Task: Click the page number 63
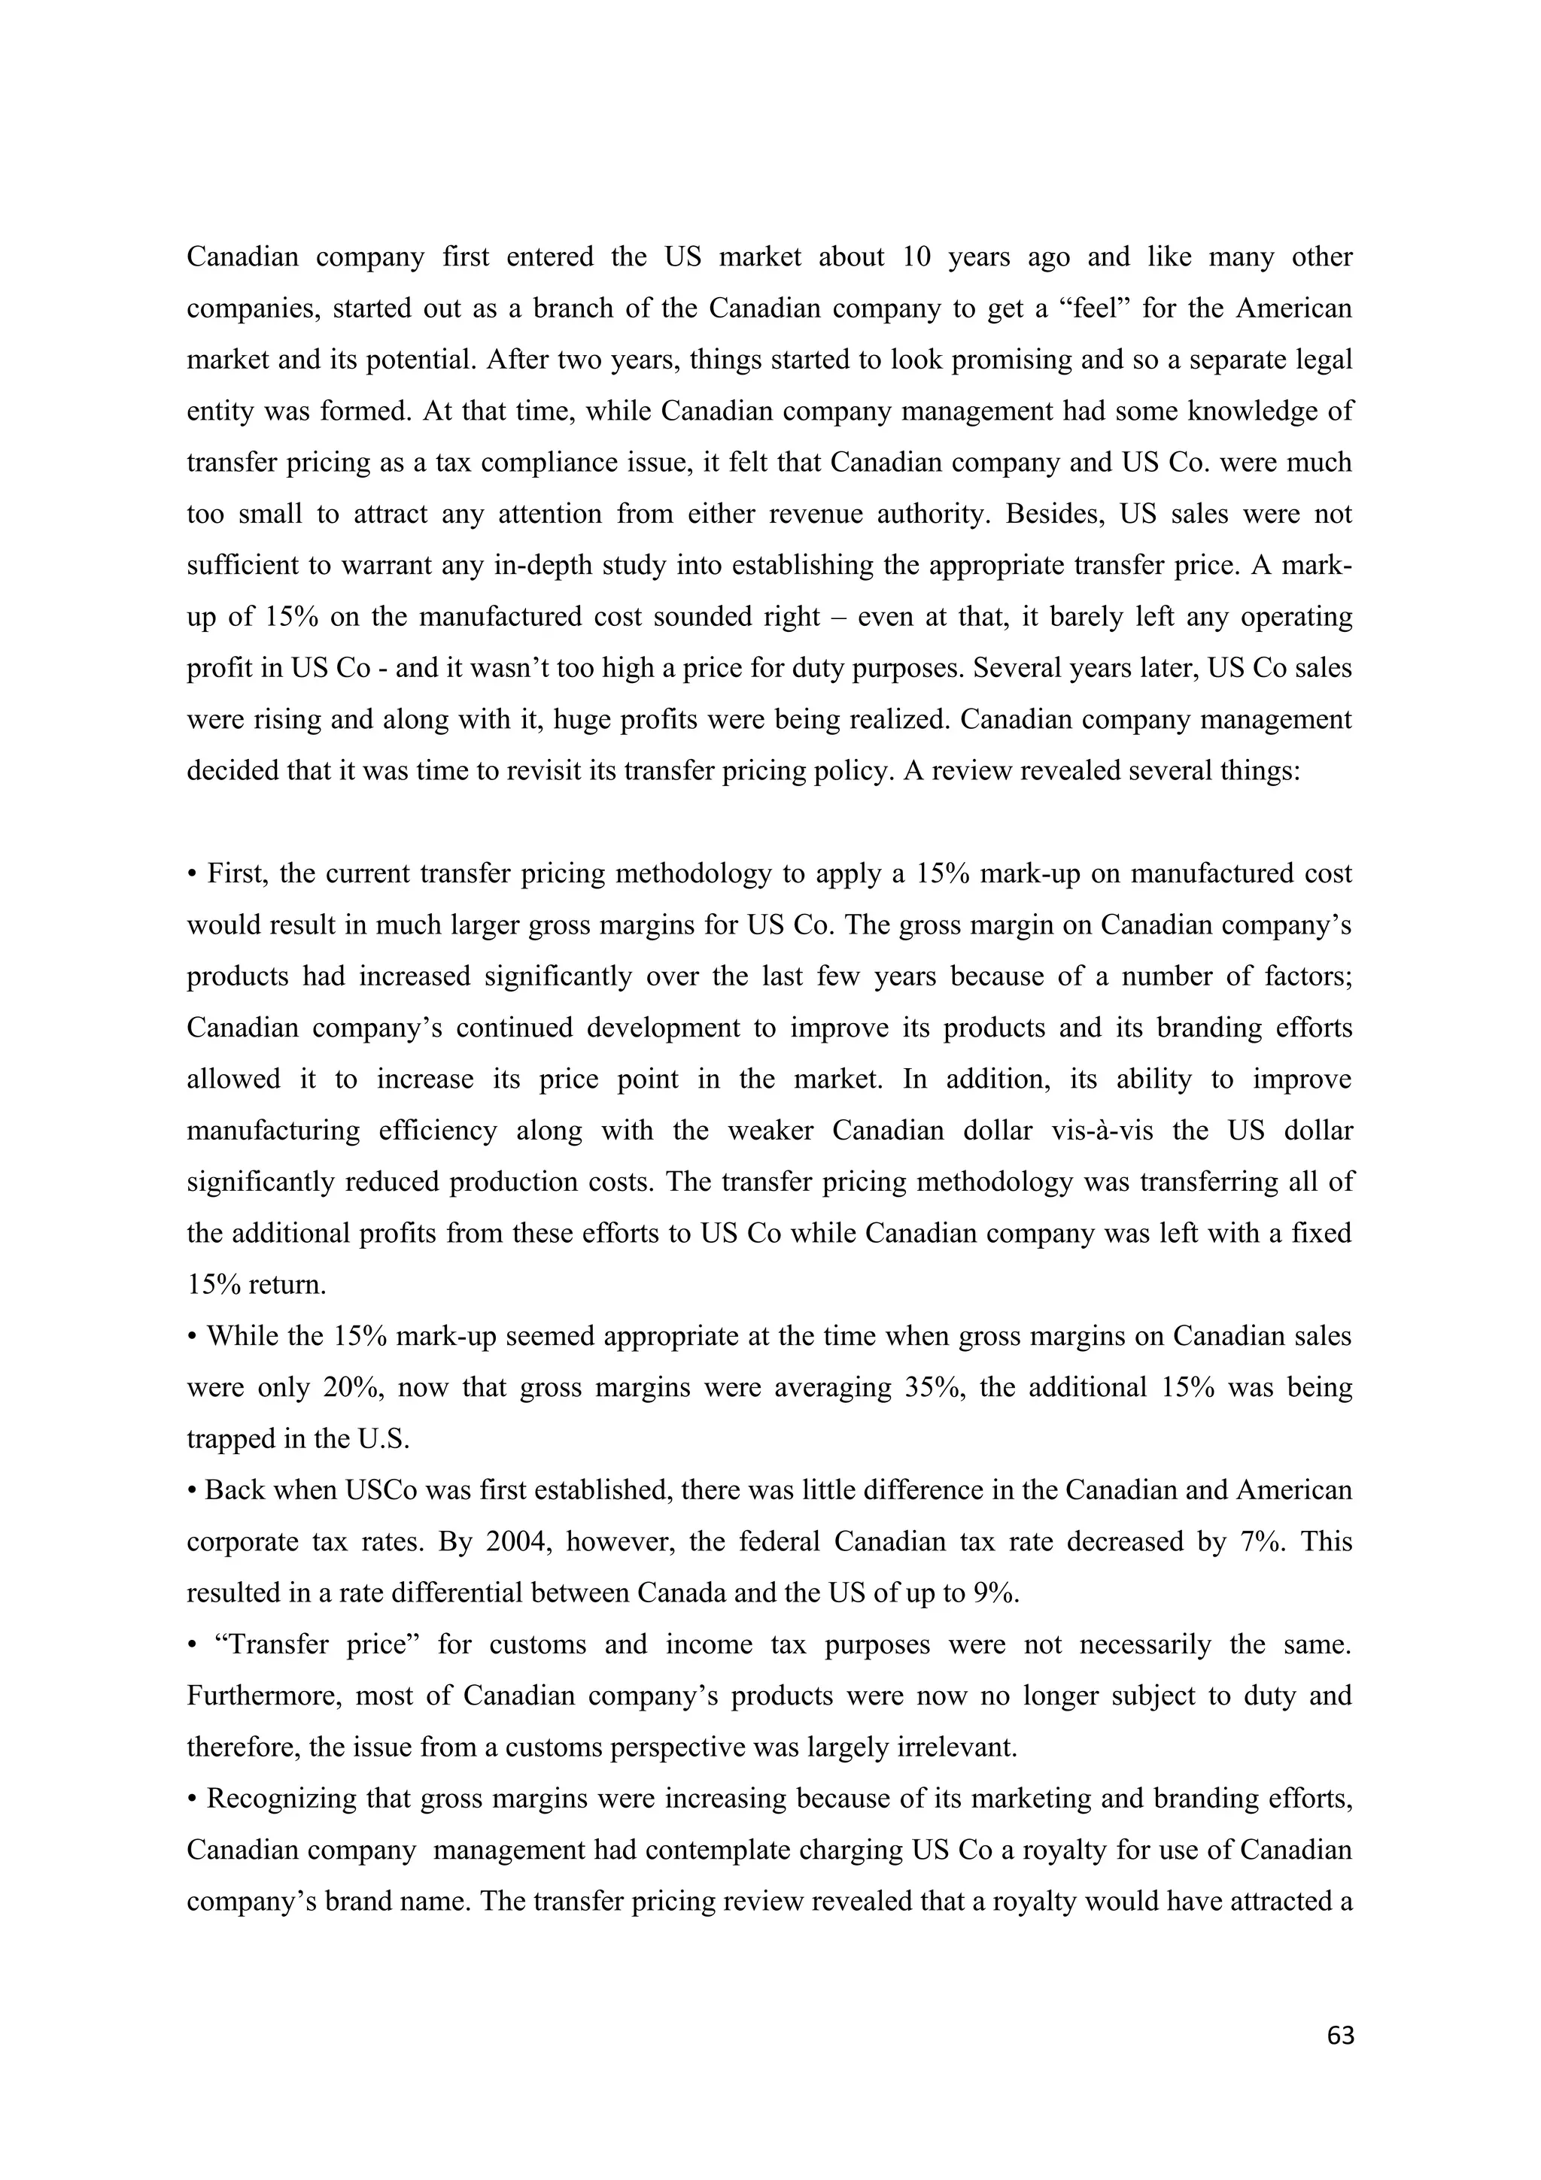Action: point(1341,2035)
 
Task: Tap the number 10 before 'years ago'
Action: point(917,258)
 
